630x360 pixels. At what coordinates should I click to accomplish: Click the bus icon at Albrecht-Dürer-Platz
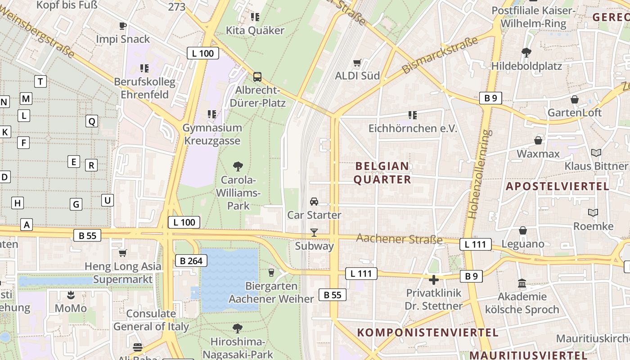257,77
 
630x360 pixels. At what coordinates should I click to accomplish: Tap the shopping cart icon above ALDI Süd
357,63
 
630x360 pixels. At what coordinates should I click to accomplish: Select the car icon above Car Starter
314,202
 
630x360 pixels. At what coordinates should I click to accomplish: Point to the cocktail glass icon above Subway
314,233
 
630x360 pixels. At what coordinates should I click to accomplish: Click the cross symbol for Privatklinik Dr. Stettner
433,280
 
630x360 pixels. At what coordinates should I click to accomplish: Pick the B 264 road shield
191,261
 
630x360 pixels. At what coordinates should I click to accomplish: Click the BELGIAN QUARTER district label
382,173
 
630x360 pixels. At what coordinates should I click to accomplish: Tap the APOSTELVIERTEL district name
558,186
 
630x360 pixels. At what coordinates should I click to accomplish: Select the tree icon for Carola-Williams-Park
238,166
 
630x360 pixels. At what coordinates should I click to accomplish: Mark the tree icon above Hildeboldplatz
526,53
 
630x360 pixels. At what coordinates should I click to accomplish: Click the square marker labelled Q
92,121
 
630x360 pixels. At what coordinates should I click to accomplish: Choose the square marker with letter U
107,200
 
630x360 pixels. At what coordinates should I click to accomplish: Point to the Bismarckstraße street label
439,56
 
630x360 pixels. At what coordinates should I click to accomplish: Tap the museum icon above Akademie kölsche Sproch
522,283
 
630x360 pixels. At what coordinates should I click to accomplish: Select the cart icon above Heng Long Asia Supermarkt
123,253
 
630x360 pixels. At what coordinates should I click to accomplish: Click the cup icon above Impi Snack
122,26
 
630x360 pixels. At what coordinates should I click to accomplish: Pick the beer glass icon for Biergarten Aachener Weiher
271,272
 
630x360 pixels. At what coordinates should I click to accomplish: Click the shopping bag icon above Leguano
522,231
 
